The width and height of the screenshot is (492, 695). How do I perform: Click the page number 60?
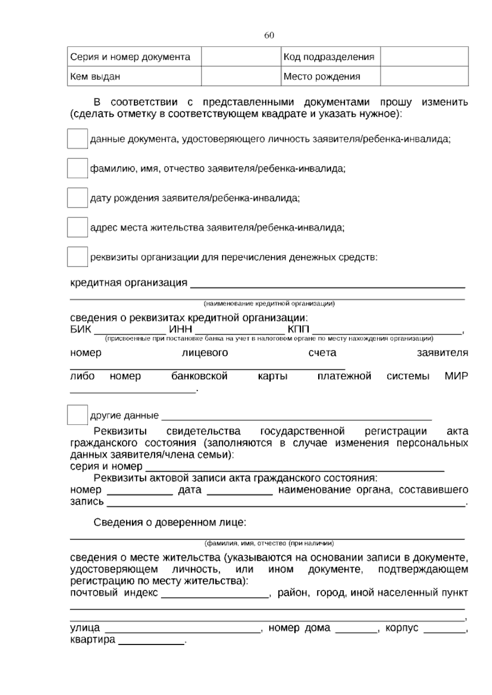269,35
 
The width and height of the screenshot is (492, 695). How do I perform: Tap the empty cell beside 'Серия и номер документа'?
241,57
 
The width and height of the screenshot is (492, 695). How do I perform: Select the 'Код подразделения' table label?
329,57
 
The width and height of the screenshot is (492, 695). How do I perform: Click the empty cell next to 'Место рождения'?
424,76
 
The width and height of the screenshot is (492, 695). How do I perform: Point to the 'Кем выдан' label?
96,77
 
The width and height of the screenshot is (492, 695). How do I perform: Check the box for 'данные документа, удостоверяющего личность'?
77,139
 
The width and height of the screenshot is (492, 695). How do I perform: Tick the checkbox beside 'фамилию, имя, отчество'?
77,168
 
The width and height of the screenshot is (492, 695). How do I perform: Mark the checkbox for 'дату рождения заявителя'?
77,198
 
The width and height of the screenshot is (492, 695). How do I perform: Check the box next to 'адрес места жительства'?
77,227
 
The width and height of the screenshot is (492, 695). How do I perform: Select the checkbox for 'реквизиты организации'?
77,257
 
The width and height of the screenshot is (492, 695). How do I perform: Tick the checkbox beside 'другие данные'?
77,415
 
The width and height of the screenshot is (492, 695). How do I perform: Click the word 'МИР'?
456,376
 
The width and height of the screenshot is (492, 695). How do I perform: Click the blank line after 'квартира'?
151,641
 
